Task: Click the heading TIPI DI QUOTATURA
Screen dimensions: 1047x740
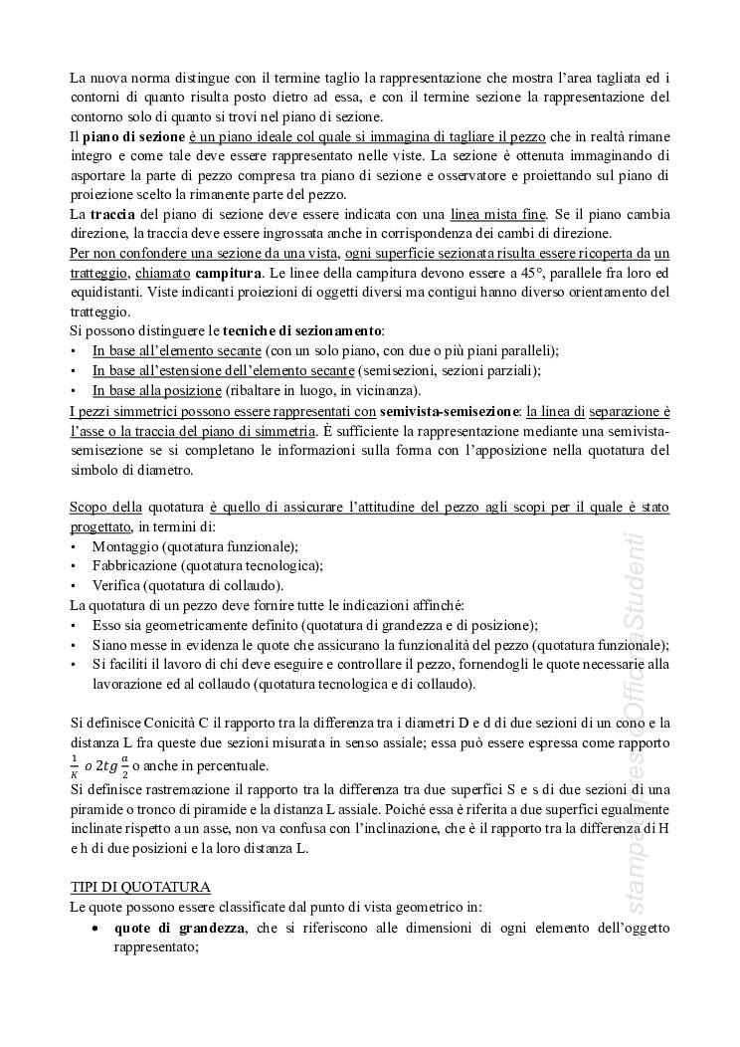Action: pos(140,886)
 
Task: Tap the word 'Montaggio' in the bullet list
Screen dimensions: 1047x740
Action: pos(125,546)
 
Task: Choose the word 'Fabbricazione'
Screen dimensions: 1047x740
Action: pos(136,565)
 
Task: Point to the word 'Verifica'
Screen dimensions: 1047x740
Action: pos(115,585)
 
